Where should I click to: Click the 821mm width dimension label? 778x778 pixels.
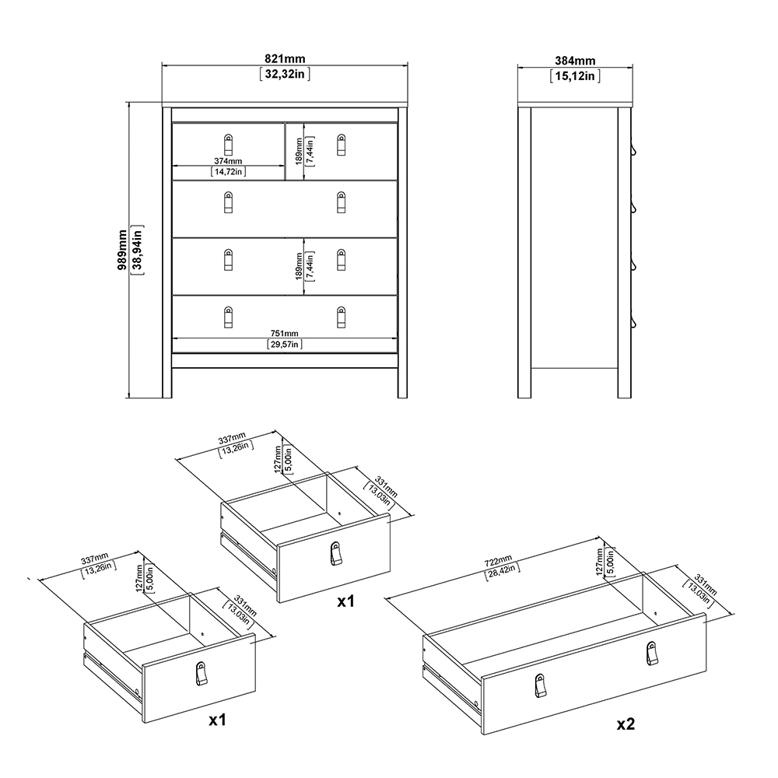285,58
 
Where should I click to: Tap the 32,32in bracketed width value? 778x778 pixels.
285,74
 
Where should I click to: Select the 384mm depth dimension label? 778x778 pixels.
575,61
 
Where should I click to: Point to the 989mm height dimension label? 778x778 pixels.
121,250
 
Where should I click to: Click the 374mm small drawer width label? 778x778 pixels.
228,161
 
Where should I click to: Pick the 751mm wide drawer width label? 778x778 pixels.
284,334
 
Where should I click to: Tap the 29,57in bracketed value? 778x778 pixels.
284,344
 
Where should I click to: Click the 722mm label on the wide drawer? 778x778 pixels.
498,562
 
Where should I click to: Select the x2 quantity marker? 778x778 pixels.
626,724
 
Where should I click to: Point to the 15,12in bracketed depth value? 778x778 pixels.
575,76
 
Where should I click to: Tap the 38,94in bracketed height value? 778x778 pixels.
138,250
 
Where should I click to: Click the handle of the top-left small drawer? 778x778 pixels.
228,145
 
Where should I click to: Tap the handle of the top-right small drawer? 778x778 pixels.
341,145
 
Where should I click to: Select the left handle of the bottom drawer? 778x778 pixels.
228,317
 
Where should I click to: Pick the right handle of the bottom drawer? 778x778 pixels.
341,317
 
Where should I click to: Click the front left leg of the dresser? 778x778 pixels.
166,252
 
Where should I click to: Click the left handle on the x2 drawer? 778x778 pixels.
539,685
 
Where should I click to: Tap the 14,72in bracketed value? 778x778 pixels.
228,172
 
